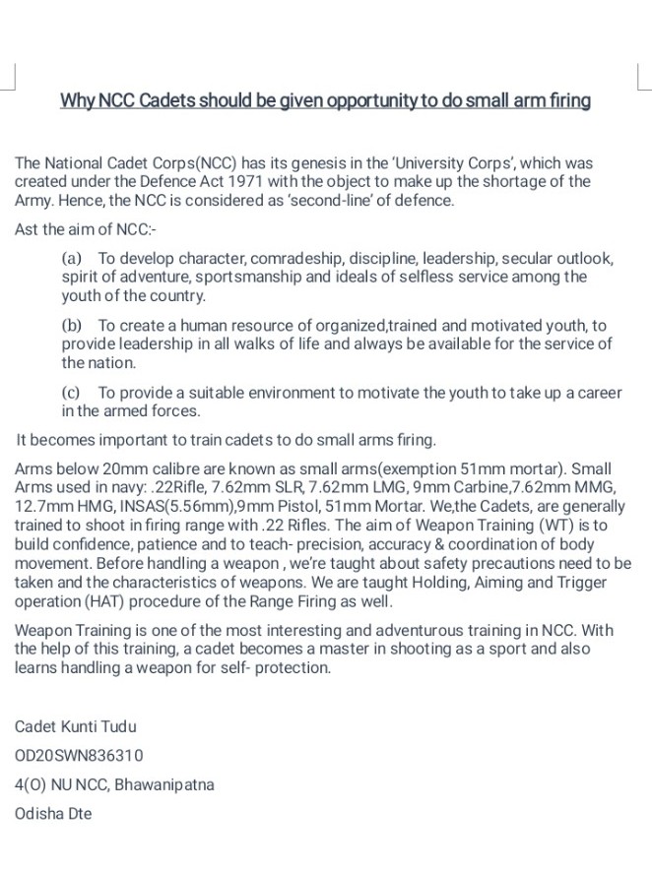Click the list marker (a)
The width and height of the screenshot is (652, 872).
[72, 258]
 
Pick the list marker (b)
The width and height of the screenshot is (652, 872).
[72, 325]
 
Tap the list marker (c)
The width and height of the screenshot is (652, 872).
[71, 392]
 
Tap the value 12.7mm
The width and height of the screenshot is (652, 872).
[42, 506]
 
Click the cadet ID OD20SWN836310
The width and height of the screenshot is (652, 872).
[79, 755]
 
